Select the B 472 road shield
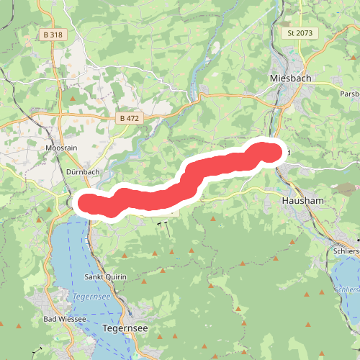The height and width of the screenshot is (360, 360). (x=130, y=117)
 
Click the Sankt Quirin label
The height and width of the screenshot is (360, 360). (x=106, y=277)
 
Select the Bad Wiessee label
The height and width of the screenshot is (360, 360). (x=65, y=319)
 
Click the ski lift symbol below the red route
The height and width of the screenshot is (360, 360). (x=163, y=225)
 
